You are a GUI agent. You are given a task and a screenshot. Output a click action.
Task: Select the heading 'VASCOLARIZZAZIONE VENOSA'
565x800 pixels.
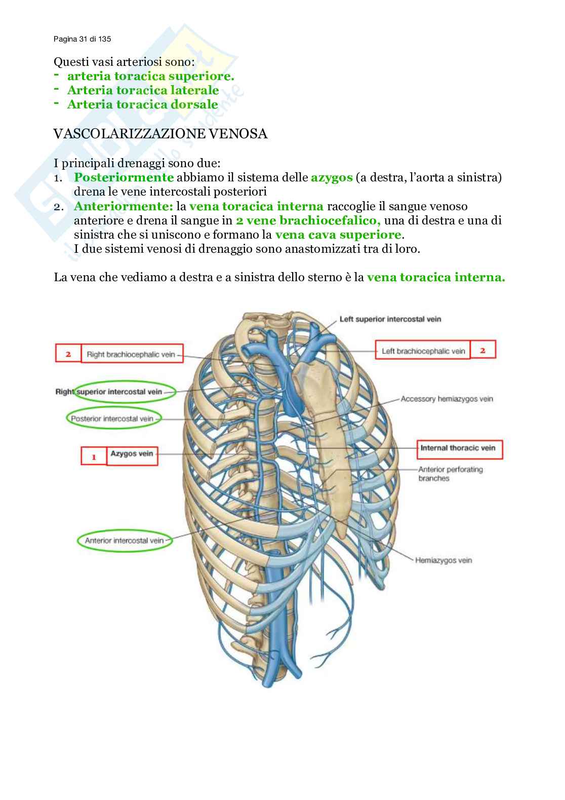[160, 135]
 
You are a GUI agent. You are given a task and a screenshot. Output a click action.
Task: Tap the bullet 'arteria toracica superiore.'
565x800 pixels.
[150, 77]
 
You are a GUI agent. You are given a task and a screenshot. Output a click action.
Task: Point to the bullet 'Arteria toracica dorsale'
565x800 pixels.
[142, 105]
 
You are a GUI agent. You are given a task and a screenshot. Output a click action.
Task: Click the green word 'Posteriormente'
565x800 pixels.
[124, 178]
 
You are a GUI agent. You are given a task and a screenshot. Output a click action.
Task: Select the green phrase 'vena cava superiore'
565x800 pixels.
[338, 235]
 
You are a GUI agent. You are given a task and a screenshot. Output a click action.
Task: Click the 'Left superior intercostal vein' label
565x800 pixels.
[390, 319]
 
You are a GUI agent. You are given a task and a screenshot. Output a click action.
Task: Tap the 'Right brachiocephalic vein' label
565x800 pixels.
[131, 354]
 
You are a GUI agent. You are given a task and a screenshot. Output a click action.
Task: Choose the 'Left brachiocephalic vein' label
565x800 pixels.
[423, 351]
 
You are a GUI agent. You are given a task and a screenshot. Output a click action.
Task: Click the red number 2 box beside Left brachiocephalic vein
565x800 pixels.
[482, 350]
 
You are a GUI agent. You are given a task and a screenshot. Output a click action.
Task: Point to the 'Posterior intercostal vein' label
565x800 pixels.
[112, 419]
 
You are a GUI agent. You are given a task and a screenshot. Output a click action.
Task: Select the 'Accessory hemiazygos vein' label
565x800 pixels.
[447, 399]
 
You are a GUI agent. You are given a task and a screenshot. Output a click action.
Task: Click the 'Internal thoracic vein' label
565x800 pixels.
[458, 448]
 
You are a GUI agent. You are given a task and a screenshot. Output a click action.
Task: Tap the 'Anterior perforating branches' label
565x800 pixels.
[451, 474]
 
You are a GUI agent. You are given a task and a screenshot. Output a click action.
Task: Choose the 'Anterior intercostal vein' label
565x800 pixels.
[125, 541]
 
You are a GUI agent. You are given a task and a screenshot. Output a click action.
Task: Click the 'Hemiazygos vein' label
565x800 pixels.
[443, 560]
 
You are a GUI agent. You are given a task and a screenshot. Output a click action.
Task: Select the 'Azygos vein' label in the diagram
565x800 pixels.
[132, 454]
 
